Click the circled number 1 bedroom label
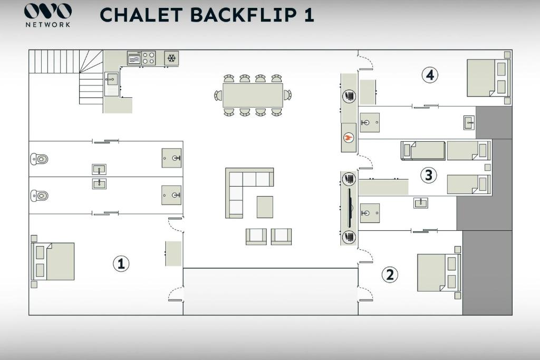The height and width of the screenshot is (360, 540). [x=121, y=264]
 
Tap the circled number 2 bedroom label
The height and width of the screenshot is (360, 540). [x=390, y=275]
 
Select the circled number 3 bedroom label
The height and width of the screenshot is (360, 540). [x=428, y=175]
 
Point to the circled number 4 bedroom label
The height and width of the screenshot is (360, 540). [x=430, y=75]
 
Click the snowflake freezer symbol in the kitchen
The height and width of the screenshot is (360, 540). [x=171, y=58]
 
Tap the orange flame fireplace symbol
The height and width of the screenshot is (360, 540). [x=349, y=138]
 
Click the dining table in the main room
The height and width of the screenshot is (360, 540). [x=253, y=95]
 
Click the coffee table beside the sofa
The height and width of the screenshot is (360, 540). [x=265, y=207]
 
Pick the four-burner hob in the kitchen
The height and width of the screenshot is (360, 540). [x=148, y=58]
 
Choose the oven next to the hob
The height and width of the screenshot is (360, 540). [x=134, y=58]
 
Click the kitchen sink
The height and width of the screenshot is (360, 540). [x=111, y=79]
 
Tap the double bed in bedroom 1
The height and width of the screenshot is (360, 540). [x=53, y=261]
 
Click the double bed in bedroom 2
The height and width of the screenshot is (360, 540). [x=439, y=273]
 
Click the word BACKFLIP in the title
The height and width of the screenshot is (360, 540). [x=243, y=15]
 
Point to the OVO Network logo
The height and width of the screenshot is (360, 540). [x=48, y=15]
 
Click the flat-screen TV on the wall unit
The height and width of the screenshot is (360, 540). [x=351, y=208]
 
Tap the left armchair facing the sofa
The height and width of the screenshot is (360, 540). [x=256, y=237]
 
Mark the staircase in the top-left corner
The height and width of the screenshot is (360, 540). [x=66, y=76]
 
